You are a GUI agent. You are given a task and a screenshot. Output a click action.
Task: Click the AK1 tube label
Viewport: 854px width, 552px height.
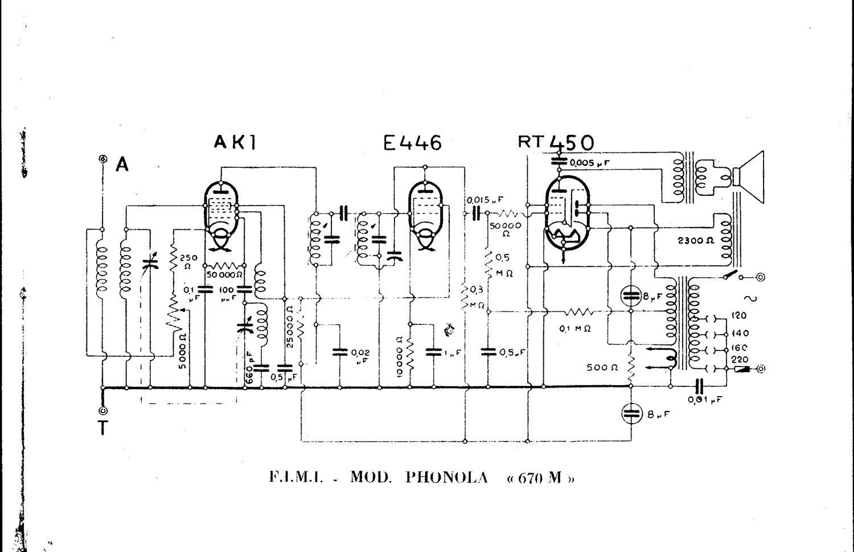[235, 142]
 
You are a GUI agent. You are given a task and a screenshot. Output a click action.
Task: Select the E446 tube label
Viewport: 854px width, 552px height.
[412, 142]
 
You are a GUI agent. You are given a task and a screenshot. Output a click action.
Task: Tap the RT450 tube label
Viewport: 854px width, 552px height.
[556, 142]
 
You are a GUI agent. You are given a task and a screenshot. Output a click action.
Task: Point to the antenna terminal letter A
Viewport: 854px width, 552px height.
[122, 165]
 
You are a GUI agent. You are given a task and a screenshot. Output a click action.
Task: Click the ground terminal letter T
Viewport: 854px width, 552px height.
[103, 427]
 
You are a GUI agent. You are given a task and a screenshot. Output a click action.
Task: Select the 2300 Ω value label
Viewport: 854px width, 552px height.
[695, 240]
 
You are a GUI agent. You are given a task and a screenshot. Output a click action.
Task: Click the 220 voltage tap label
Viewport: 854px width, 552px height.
[740, 360]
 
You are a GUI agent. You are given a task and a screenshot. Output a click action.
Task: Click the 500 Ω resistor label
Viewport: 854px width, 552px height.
[602, 368]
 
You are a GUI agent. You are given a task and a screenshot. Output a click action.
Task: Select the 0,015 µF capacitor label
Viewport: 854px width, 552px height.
[485, 200]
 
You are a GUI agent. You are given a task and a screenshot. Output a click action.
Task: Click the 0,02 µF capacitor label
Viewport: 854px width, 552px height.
[360, 357]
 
